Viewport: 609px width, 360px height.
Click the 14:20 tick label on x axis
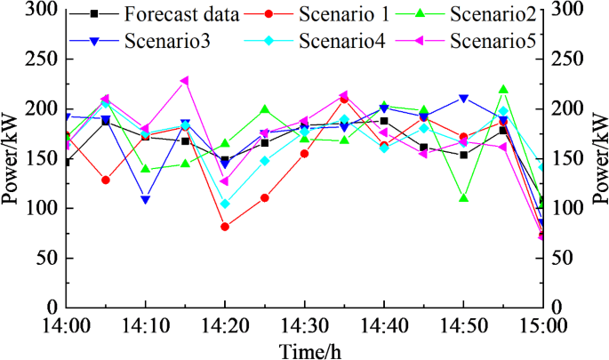tap(224, 326)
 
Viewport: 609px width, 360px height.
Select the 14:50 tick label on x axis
tap(463, 326)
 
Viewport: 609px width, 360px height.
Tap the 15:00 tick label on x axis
tap(542, 326)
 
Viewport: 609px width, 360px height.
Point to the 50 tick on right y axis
tap(565, 258)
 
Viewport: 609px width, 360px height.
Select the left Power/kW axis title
tap(12, 158)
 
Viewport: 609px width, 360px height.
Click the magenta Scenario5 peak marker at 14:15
tap(185, 81)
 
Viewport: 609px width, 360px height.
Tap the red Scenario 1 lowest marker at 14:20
tap(225, 227)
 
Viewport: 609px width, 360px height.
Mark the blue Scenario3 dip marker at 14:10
tap(145, 199)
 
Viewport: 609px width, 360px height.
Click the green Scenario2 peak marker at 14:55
tap(503, 89)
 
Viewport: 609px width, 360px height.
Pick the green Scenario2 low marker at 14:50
tap(463, 198)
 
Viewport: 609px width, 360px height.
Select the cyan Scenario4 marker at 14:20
tap(225, 204)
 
